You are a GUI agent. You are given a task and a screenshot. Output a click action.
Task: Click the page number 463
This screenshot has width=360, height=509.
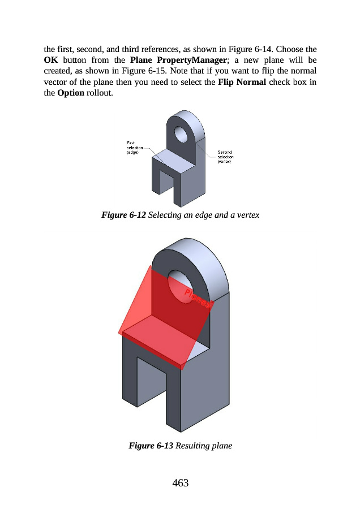point(180,482)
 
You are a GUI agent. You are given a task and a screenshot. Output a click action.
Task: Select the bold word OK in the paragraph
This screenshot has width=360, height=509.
point(51,59)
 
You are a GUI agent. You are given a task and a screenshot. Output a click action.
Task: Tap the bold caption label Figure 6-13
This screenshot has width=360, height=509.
point(152,446)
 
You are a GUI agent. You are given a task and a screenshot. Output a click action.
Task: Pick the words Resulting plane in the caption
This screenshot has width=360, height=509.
point(204,446)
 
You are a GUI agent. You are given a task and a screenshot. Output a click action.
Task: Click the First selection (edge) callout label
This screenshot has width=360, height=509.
point(134,148)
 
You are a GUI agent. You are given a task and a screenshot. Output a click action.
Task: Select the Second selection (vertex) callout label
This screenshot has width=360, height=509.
point(225,157)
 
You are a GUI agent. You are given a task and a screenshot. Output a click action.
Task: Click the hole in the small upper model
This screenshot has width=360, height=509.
point(181,135)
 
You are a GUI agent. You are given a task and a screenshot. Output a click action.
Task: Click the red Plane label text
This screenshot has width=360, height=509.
point(199,299)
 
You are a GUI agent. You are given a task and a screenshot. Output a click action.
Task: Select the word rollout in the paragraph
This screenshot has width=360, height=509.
point(99,94)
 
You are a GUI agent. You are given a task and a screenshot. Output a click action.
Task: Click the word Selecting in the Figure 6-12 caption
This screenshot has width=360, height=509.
point(166,215)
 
